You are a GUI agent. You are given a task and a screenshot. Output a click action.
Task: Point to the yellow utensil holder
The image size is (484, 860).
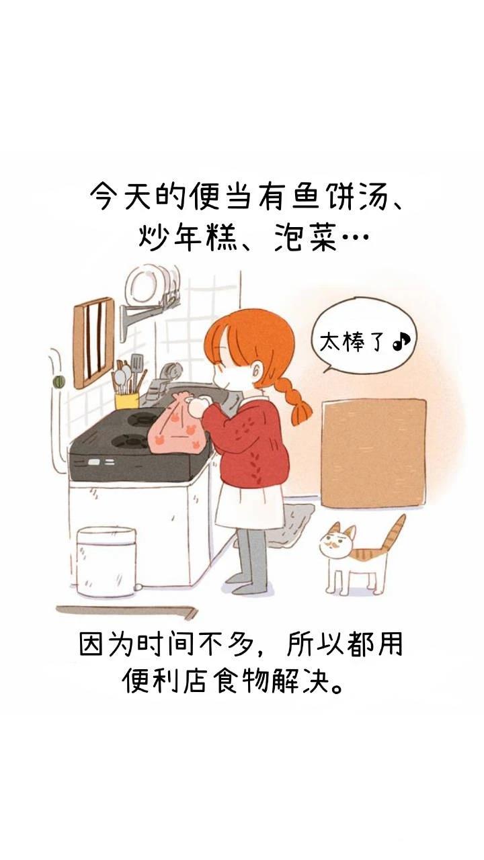[x=126, y=400]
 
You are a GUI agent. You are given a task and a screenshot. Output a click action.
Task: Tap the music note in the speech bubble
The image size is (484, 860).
[x=401, y=342]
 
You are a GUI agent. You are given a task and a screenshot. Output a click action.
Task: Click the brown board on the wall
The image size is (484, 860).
[x=373, y=453]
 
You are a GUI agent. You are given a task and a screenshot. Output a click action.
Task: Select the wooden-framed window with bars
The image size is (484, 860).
[x=93, y=342]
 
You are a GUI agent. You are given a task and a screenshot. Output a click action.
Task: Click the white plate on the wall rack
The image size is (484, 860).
[x=146, y=286]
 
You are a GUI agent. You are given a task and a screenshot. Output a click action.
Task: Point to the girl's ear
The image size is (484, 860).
[x=256, y=372]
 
